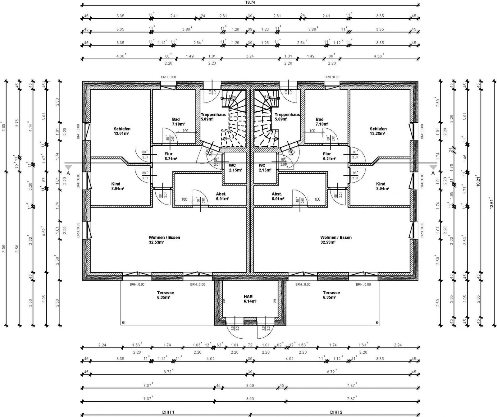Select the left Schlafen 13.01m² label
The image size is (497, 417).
click(x=122, y=131)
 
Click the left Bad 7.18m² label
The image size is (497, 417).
click(x=176, y=121)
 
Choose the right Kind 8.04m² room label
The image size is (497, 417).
click(x=381, y=186)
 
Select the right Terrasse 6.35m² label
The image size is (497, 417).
click(x=331, y=295)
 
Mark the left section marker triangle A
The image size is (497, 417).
click(x=68, y=167)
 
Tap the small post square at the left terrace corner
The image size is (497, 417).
click(x=123, y=323)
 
